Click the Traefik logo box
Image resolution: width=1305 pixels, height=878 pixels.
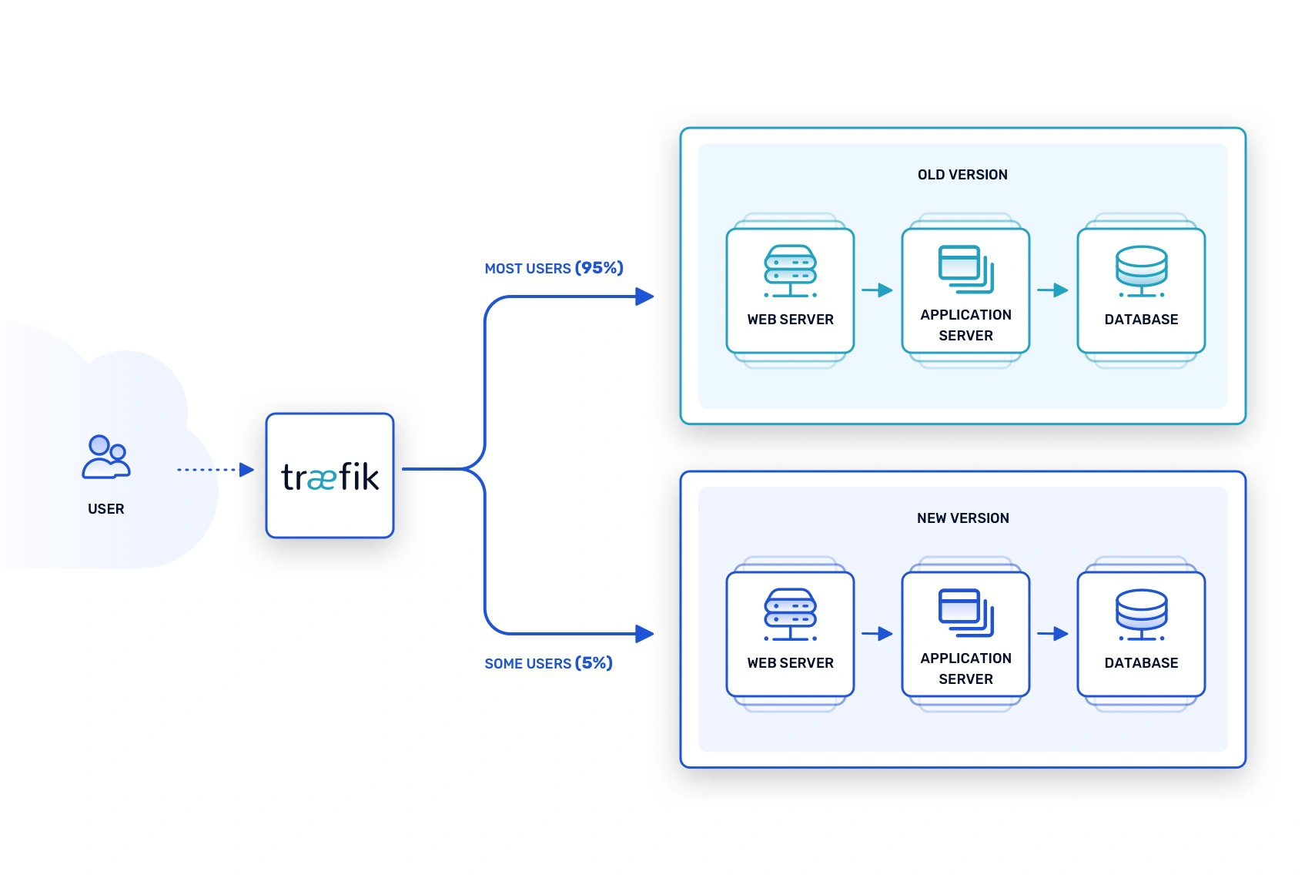coord(330,475)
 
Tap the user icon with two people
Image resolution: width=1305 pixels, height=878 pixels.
coord(106,457)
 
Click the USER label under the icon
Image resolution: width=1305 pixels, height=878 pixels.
coord(106,508)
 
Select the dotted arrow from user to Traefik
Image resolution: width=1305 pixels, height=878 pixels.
coord(216,469)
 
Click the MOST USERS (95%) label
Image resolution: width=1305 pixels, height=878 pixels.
coord(554,268)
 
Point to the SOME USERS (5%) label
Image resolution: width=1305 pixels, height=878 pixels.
coord(548,663)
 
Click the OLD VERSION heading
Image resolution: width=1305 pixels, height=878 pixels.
coord(962,175)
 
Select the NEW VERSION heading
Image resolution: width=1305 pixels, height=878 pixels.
coord(963,518)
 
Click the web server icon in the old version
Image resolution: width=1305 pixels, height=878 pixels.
coord(790,271)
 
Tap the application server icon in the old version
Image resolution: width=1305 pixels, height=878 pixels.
coord(966,269)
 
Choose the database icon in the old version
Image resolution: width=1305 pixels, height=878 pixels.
coord(1141,271)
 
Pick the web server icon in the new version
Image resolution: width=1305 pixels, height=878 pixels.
coord(790,615)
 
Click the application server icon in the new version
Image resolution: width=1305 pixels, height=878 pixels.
coord(966,613)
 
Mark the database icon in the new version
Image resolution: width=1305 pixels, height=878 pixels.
coord(1141,615)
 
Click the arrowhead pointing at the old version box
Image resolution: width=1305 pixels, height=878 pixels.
coord(644,297)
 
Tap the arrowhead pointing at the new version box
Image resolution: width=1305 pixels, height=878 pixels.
coord(644,633)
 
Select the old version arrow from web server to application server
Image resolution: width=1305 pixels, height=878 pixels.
coord(878,290)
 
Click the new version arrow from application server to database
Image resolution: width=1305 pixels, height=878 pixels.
coord(1052,633)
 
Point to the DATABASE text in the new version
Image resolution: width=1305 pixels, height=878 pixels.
coord(1141,663)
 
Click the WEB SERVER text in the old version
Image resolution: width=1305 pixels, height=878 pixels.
coord(790,320)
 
